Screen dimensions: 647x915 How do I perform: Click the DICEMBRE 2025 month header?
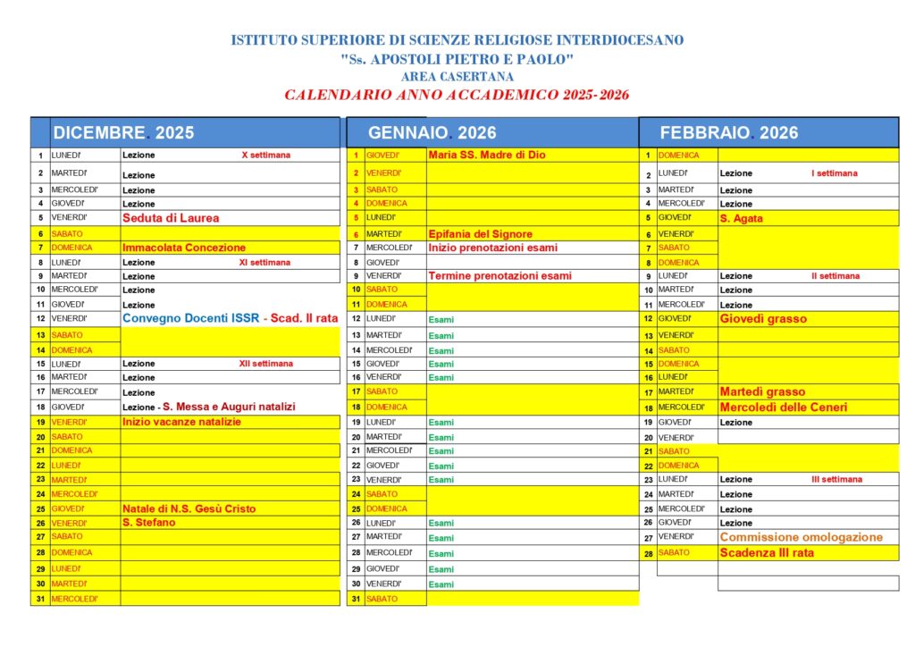pos(123,133)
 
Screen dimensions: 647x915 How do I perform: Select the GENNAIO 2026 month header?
pos(432,133)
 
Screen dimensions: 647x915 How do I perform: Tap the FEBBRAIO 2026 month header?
pos(729,133)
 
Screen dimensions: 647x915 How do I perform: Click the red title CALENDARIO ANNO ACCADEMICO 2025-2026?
pos(457,95)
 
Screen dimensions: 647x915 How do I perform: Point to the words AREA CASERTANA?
pos(457,77)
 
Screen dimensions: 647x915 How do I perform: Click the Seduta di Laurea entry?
pos(171,218)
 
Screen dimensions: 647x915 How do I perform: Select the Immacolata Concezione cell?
pos(184,248)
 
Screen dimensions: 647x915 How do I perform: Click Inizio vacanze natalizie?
pos(182,422)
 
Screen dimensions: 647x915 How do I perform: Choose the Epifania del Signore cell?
pos(481,234)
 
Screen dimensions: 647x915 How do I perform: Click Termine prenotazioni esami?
pos(500,276)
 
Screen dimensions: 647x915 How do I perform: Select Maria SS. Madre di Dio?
pos(487,155)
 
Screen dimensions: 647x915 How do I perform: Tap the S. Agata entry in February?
pos(741,218)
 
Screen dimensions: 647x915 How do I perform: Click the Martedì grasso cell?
pos(762,391)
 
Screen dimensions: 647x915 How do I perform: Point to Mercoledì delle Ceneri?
pos(784,408)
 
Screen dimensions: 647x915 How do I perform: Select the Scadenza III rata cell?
pos(767,553)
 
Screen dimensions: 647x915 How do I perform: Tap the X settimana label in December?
pos(266,155)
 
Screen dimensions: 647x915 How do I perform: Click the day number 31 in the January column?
pos(356,599)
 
